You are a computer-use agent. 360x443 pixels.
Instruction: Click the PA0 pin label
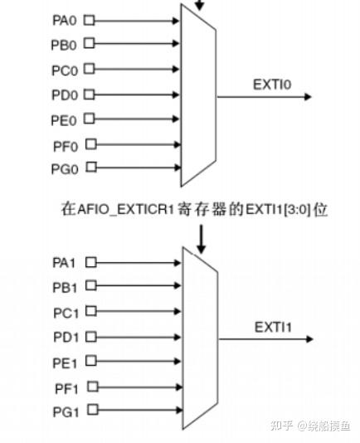(x=65, y=21)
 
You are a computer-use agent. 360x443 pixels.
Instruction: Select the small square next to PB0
(x=90, y=43)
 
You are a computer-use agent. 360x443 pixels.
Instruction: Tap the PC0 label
(x=65, y=71)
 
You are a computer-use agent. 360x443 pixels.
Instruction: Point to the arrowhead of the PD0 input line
(x=176, y=95)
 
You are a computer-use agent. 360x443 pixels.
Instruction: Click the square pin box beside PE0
(x=90, y=119)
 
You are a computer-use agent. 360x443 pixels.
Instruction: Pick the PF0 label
(x=66, y=146)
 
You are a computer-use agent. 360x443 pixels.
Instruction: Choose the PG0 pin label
(x=65, y=169)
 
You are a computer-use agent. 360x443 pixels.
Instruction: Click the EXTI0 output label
(x=272, y=85)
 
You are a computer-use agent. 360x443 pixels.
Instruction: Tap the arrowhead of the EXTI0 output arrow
(x=308, y=97)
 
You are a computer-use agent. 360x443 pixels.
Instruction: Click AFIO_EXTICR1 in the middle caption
(x=125, y=209)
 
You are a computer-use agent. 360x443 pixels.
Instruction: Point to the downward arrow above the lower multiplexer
(x=201, y=239)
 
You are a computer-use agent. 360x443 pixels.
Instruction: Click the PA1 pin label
(x=64, y=263)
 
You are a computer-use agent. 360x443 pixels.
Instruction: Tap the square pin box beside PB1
(x=91, y=285)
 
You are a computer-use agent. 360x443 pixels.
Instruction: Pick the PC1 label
(x=66, y=313)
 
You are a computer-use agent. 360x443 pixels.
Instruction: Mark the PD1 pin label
(x=66, y=337)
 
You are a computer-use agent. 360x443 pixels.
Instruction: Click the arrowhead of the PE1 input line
(x=178, y=361)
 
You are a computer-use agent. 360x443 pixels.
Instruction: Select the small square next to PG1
(x=93, y=410)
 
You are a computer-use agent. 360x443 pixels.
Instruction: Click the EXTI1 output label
(x=273, y=327)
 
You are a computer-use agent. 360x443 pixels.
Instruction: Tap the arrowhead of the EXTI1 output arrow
(x=309, y=339)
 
